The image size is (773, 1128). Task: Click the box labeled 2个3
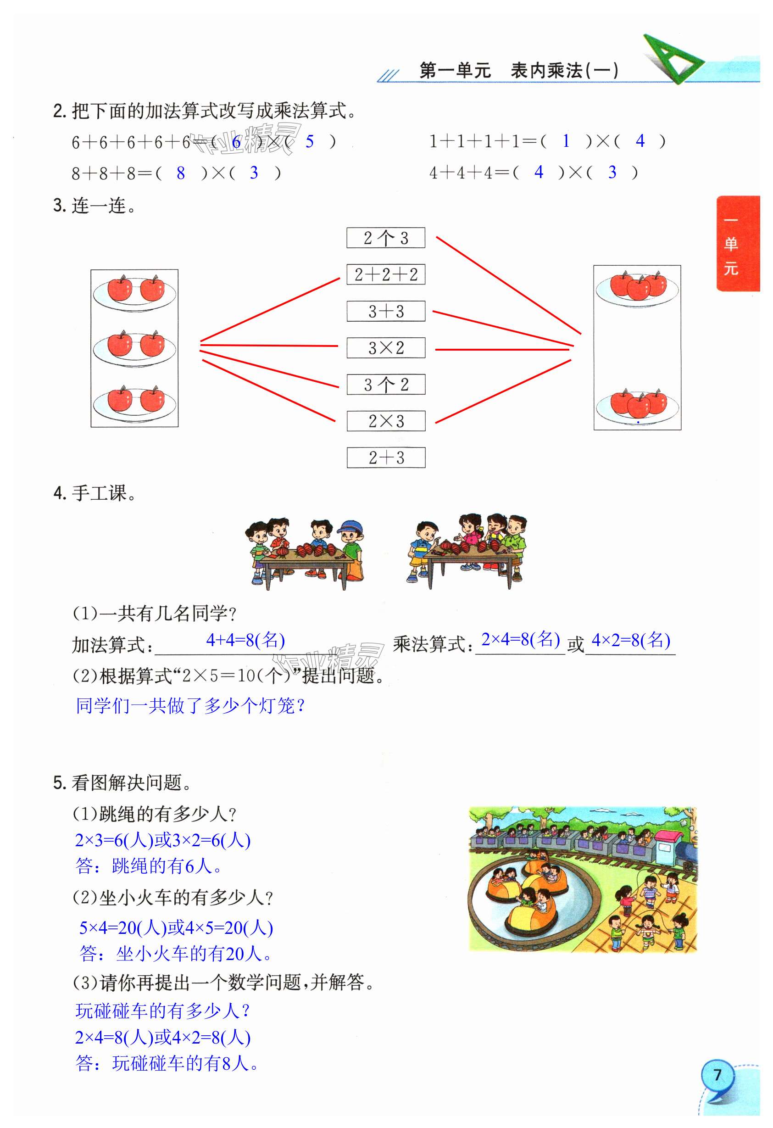(x=386, y=238)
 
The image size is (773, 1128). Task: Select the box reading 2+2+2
(x=386, y=274)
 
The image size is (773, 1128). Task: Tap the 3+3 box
(x=386, y=311)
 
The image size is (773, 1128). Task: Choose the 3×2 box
(x=386, y=347)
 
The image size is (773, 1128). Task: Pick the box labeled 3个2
(x=386, y=385)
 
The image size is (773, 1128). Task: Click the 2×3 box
(x=386, y=421)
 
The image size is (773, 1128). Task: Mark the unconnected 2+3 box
(x=386, y=457)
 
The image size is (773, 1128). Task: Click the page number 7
(x=717, y=1075)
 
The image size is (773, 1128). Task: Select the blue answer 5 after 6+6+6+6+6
(x=310, y=142)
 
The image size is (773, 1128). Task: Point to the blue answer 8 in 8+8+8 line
(x=180, y=173)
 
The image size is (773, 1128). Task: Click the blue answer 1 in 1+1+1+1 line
(x=566, y=141)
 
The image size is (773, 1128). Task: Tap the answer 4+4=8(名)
(x=245, y=641)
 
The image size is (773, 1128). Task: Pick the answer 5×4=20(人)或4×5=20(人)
(x=176, y=928)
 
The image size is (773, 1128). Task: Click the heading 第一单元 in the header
(x=455, y=71)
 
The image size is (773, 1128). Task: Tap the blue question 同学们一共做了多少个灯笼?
(x=190, y=706)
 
